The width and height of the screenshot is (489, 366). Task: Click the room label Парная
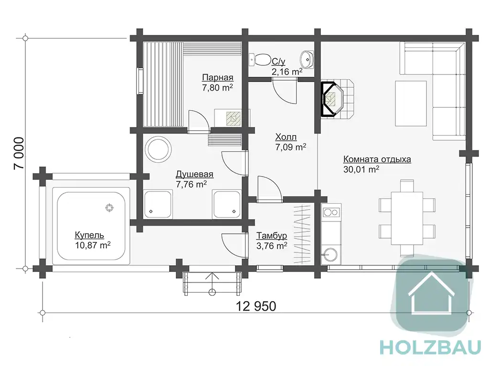coord(217,77)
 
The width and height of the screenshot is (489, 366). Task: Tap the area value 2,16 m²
coord(287,72)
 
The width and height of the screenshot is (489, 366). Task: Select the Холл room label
coord(286,137)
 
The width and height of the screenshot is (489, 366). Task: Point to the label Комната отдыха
coord(377,159)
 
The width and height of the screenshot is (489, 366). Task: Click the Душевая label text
coord(194,174)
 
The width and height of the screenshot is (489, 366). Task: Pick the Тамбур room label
coord(271,235)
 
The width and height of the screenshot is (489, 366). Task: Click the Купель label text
coord(89,235)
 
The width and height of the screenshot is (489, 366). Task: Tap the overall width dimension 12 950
coord(256,306)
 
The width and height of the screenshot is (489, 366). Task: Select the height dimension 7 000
coord(19,153)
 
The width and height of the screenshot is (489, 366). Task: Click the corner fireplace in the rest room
coord(332,98)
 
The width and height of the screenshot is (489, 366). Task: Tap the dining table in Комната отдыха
coord(407,218)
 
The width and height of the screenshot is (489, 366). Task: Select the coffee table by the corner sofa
coord(411,103)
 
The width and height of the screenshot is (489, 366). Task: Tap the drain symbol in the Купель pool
coord(109,208)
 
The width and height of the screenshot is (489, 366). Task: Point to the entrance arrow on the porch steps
coord(212,283)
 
